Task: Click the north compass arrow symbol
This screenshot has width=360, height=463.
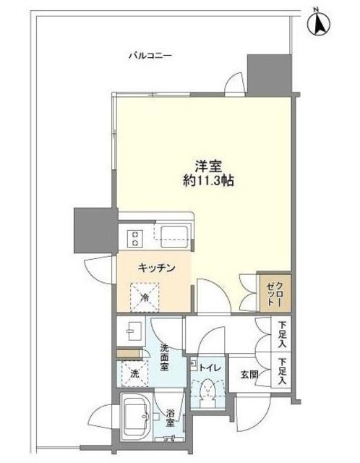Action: pyautogui.click(x=319, y=23)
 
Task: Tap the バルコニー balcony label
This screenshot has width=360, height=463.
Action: pyautogui.click(x=150, y=56)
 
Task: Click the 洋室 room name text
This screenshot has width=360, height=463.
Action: pyautogui.click(x=208, y=167)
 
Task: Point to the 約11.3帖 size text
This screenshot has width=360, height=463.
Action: pyautogui.click(x=208, y=181)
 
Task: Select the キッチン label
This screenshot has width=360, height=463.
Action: pyautogui.click(x=156, y=268)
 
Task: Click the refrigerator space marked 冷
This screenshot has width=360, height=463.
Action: pyautogui.click(x=145, y=297)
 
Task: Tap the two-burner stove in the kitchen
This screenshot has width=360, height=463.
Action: pyautogui.click(x=136, y=239)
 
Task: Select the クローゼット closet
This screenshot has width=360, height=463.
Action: pyautogui.click(x=275, y=293)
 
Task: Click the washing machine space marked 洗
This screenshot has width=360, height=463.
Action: pyautogui.click(x=134, y=373)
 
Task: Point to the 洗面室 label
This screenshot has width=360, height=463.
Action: pyautogui.click(x=164, y=357)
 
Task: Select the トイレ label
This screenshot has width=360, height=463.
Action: pyautogui.click(x=210, y=368)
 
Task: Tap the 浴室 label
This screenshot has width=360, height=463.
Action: pyautogui.click(x=170, y=417)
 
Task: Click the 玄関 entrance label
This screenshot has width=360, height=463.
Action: pyautogui.click(x=249, y=375)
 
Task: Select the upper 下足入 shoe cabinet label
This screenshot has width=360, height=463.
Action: pyautogui.click(x=283, y=335)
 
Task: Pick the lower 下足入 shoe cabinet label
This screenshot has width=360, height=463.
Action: pyautogui.click(x=283, y=371)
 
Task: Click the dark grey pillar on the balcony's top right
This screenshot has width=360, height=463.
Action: pyautogui.click(x=269, y=75)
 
